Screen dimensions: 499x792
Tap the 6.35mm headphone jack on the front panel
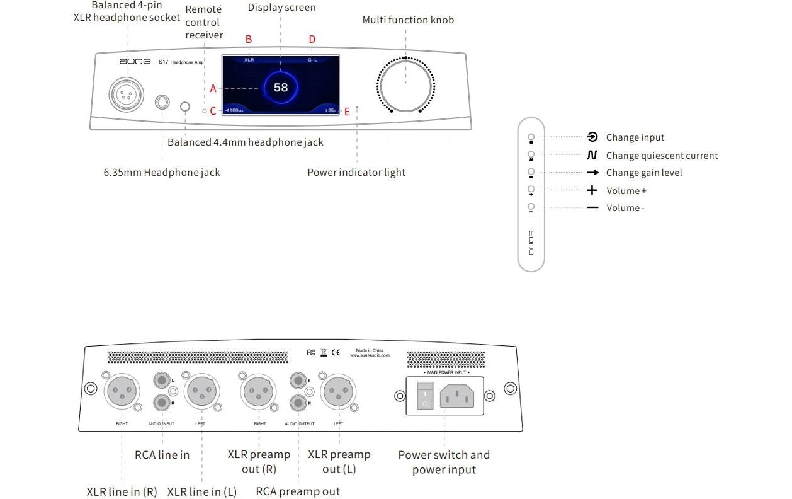pyautogui.click(x=163, y=103)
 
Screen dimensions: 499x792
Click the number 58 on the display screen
pyautogui.click(x=281, y=88)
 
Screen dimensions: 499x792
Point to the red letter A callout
pyautogui.click(x=213, y=89)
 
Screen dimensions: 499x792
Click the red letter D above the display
pyautogui.click(x=312, y=40)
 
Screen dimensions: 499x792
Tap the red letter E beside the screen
pyautogui.click(x=347, y=112)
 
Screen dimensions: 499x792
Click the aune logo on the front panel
pyautogui.click(x=135, y=62)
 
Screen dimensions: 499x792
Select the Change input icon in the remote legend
pyautogui.click(x=592, y=137)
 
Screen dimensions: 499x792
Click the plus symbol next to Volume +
pyautogui.click(x=592, y=190)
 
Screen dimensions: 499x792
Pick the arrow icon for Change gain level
pyautogui.click(x=592, y=173)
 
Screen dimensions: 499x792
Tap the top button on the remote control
pyautogui.click(x=531, y=137)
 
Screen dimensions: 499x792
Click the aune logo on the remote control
pyautogui.click(x=531, y=243)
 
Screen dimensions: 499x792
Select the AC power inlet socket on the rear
pyautogui.click(x=457, y=396)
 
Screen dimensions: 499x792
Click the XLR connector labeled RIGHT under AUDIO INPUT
pyautogui.click(x=122, y=393)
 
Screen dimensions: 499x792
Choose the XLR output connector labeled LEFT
pyautogui.click(x=339, y=393)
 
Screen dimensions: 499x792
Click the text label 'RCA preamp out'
pyautogui.click(x=298, y=491)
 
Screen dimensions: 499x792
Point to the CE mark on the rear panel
pyautogui.click(x=336, y=353)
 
